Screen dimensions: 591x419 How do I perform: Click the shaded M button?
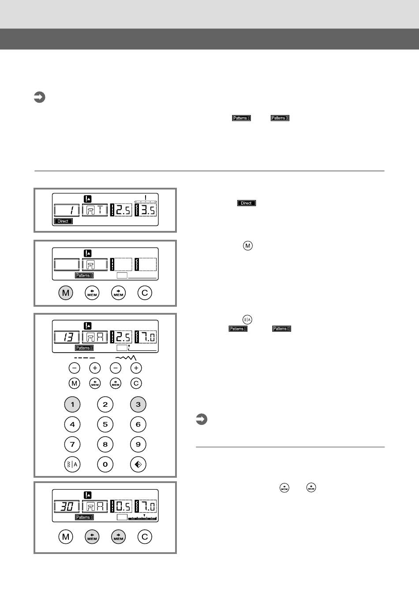coord(66,293)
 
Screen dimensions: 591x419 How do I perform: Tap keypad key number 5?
coord(105,424)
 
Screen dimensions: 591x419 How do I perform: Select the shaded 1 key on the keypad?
coord(72,404)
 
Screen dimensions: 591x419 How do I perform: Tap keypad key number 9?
coord(138,444)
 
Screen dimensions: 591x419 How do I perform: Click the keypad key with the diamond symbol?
coord(138,464)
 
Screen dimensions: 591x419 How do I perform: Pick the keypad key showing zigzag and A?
coord(72,464)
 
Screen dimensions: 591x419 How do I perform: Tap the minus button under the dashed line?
coord(74,368)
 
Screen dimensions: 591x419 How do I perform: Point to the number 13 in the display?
coord(67,337)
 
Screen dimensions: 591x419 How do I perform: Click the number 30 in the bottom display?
coord(67,506)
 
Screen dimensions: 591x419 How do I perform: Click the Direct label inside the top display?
coord(63,221)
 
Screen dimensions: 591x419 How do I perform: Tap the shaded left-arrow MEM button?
coord(92,537)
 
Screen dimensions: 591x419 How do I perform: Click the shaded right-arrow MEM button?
coord(118,537)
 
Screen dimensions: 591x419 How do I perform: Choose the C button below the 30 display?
coord(145,537)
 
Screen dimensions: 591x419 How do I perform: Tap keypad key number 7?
coord(72,444)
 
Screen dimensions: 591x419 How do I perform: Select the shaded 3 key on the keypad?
coord(138,404)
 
